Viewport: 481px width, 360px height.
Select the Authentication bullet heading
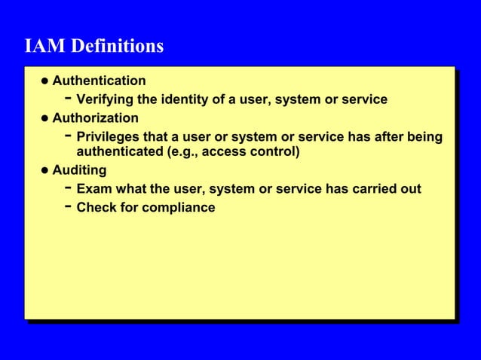tap(99, 81)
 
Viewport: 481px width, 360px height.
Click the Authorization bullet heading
tap(95, 118)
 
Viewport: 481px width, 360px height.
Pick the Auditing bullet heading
tap(79, 170)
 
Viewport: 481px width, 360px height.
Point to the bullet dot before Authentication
tap(45, 81)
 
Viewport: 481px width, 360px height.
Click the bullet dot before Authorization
tap(45, 119)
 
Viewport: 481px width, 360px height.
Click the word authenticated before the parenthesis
tap(119, 153)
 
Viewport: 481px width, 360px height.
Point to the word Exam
tap(93, 189)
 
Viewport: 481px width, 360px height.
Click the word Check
tap(97, 207)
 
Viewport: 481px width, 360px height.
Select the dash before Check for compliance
tap(69, 206)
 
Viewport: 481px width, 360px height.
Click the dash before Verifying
tap(69, 98)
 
